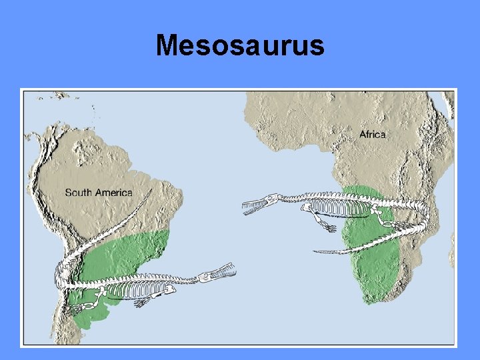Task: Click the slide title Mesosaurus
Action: click(240, 45)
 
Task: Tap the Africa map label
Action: click(373, 135)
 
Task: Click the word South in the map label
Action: click(78, 193)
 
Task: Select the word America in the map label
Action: click(113, 193)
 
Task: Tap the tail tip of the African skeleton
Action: click(316, 251)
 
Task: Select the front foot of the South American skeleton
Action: click(141, 302)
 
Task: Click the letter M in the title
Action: click(167, 45)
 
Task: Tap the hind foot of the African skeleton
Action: click(384, 221)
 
